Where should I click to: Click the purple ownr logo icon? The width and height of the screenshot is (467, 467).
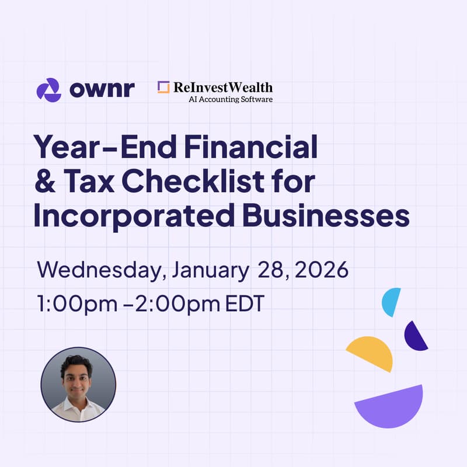[48, 89]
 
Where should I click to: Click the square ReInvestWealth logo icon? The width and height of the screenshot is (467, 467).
[163, 87]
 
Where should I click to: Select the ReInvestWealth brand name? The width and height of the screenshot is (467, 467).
[222, 87]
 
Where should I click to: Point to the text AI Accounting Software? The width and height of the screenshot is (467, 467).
[231, 99]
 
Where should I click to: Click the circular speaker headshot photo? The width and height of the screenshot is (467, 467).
[78, 385]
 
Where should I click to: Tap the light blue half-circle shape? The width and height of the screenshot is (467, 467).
[390, 301]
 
